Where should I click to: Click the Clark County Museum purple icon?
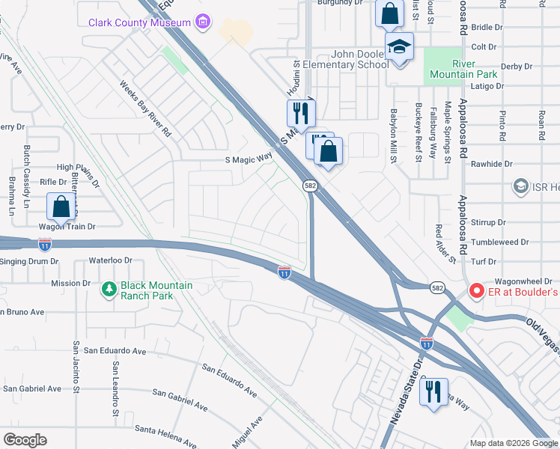pos(202,22)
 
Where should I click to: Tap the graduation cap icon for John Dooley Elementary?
pos(399,48)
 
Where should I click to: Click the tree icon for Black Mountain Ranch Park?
pos(109,288)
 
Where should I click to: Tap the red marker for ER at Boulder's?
pos(475,290)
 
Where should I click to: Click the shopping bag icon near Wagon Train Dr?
pos(61,207)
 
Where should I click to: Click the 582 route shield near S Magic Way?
pos(309,185)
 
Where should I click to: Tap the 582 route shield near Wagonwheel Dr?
pos(438,287)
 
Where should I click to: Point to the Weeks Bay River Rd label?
pos(146,108)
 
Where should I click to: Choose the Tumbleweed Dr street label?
pos(503,242)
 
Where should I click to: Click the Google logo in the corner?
pos(25,440)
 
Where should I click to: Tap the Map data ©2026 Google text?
pos(513,443)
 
